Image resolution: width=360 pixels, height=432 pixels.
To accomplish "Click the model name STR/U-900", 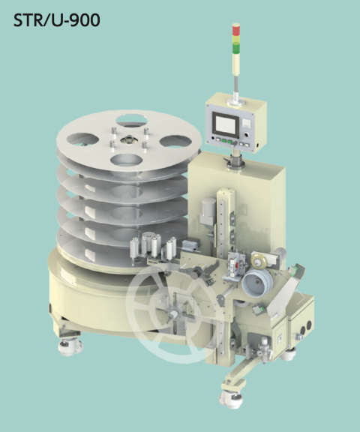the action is pyautogui.click(x=57, y=21).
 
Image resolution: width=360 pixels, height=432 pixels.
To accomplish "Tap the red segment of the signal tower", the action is pyautogui.click(x=236, y=30).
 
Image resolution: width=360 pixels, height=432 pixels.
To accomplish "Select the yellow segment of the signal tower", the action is pyautogui.click(x=236, y=40).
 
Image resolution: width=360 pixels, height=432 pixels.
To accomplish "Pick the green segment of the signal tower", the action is pyautogui.click(x=236, y=49).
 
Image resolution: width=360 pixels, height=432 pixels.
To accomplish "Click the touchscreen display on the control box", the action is pyautogui.click(x=226, y=124).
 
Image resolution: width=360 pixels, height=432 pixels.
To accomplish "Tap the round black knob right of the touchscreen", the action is pyautogui.click(x=247, y=135).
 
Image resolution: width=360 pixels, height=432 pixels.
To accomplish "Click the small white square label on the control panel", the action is pyautogui.click(x=246, y=122).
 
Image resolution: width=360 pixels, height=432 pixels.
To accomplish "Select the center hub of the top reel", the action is pyautogui.click(x=127, y=140).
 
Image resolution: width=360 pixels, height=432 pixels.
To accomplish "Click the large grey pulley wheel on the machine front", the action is pyautogui.click(x=257, y=283).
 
